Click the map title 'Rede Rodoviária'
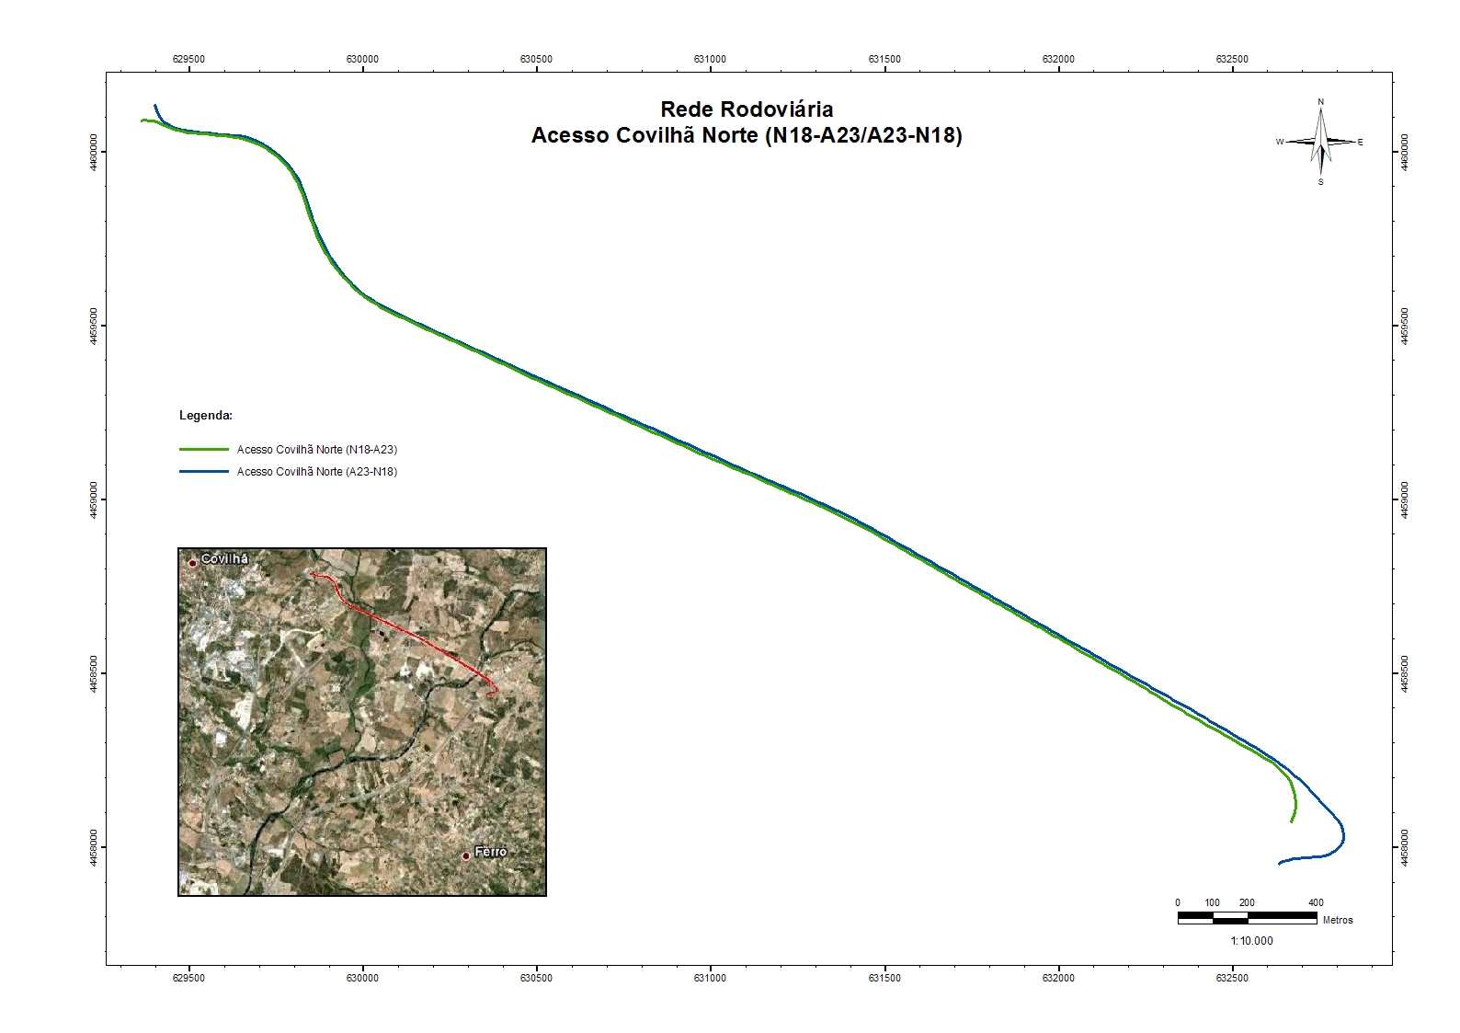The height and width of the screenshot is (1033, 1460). click(x=747, y=110)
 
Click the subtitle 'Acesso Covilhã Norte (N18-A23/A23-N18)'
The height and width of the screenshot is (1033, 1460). click(x=747, y=136)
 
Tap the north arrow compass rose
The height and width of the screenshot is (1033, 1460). click(x=1320, y=142)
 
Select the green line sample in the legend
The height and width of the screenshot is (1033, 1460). click(x=203, y=450)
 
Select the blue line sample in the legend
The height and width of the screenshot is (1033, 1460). click(x=203, y=471)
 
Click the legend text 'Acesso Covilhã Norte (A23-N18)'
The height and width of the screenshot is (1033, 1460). click(x=317, y=471)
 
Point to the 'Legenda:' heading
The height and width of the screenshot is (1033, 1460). click(x=206, y=416)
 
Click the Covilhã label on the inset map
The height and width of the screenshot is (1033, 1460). click(x=224, y=559)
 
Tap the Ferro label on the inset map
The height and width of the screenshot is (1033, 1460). click(x=490, y=852)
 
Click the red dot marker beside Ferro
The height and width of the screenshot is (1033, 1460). click(x=466, y=855)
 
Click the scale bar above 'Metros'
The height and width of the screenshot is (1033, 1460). click(x=1247, y=917)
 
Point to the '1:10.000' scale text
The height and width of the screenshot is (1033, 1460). click(x=1251, y=941)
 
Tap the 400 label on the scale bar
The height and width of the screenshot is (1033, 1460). click(x=1316, y=903)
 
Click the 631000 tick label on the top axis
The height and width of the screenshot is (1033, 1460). click(x=710, y=59)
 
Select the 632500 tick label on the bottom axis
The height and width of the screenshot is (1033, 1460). click(x=1232, y=978)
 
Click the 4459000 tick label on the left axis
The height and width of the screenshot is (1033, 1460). click(x=95, y=499)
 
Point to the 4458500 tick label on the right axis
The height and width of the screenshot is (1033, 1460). click(x=1404, y=673)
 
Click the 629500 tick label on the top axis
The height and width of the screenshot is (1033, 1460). click(x=188, y=59)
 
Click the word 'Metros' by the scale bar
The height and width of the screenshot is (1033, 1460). click(x=1338, y=920)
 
